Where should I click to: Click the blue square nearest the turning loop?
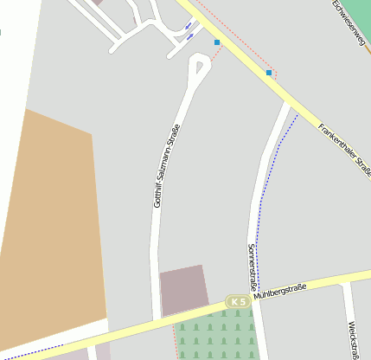[x=217, y=42]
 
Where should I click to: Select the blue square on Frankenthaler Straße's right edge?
[x=269, y=74]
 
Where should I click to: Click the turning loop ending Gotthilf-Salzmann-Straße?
[x=200, y=64]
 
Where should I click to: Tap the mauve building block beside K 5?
[x=182, y=288]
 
